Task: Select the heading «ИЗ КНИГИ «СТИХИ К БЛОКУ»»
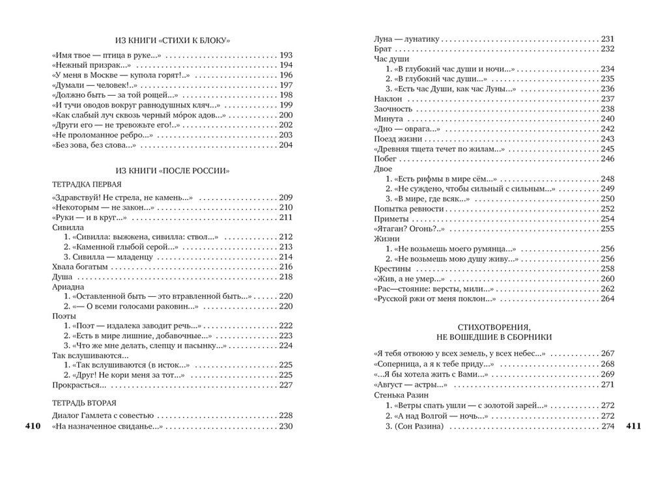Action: (171, 40)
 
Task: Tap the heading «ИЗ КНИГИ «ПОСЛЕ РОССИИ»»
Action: (171, 171)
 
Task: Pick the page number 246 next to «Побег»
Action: (608, 159)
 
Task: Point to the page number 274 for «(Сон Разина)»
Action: (608, 427)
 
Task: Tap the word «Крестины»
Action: (392, 268)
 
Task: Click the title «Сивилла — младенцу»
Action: (107, 257)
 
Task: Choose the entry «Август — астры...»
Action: (400, 385)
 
